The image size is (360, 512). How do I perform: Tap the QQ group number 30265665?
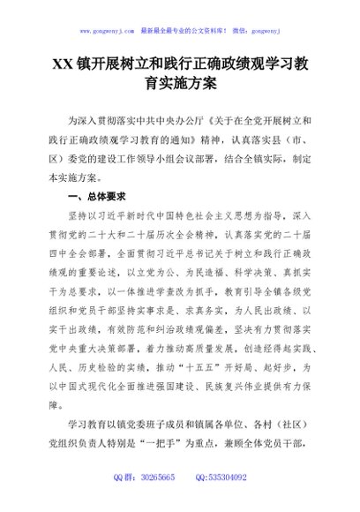pos(155,502)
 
